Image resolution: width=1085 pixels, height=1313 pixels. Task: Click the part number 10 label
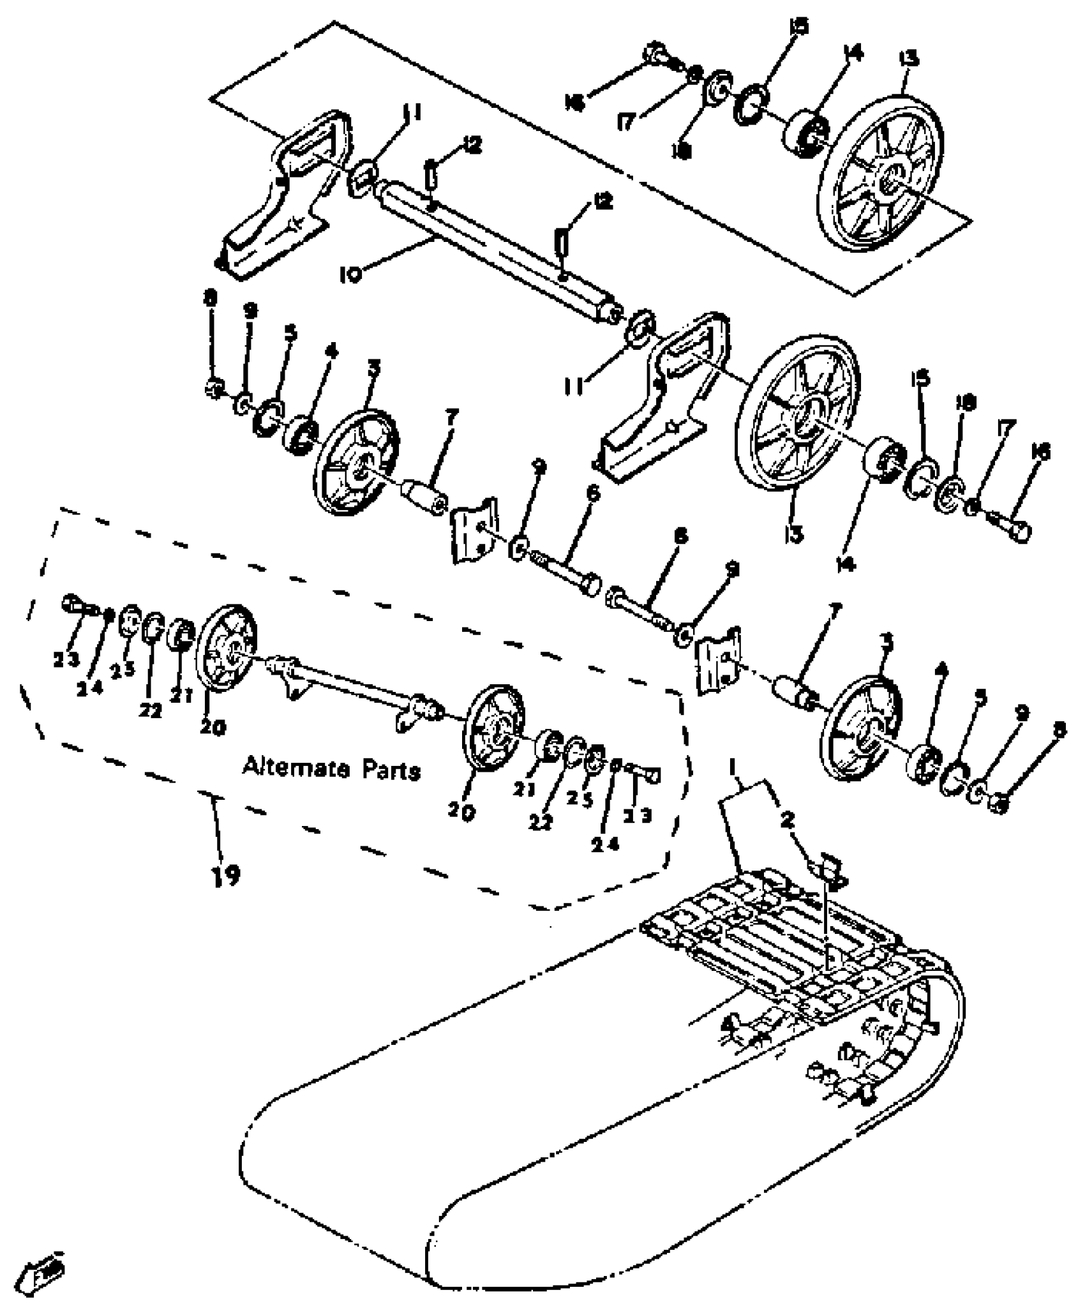click(350, 274)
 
